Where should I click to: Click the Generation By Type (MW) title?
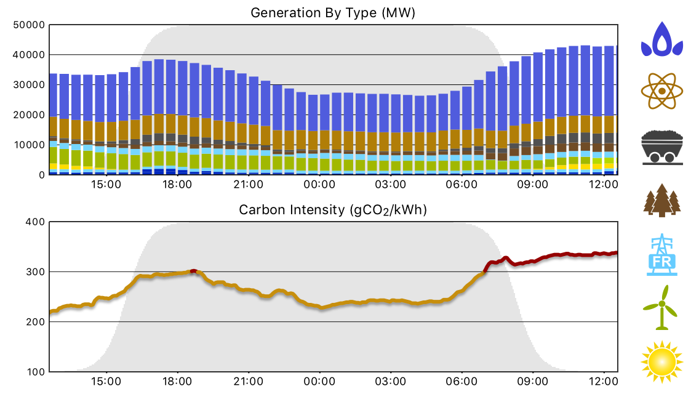tap(333, 12)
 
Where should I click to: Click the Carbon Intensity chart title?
tap(333, 210)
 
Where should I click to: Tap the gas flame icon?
tap(662, 39)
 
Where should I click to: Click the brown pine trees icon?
tap(662, 200)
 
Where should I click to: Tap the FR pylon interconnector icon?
tap(662, 255)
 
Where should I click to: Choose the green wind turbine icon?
tap(662, 307)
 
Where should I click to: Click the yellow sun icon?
tap(662, 360)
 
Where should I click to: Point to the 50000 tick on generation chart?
tap(29, 25)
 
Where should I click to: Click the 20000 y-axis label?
tap(29, 115)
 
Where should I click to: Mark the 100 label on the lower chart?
tap(34, 372)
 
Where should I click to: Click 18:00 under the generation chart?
tap(177, 184)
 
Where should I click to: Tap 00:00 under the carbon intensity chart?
tap(319, 382)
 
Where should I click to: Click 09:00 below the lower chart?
tap(532, 382)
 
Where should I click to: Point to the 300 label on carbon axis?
tap(34, 271)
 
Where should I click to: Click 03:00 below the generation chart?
tap(390, 184)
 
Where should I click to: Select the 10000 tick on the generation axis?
tap(29, 145)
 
